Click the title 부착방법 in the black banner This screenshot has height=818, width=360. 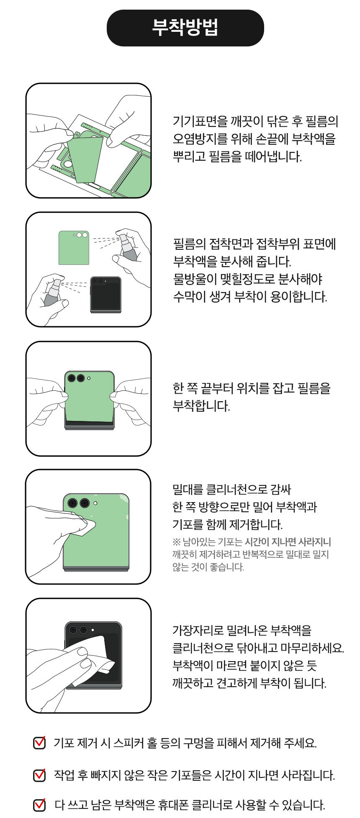185,28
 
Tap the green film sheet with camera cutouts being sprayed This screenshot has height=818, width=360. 74,248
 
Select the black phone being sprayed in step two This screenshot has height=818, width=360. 106,295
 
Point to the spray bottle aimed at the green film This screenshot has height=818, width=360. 128,247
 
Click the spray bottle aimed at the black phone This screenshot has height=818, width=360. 52,292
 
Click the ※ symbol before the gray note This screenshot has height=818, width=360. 176,542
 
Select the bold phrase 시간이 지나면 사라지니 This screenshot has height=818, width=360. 288,542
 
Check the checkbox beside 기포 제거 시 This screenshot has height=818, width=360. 39,743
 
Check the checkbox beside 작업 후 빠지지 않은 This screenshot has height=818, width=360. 39,775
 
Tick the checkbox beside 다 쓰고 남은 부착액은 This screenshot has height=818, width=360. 39,804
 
